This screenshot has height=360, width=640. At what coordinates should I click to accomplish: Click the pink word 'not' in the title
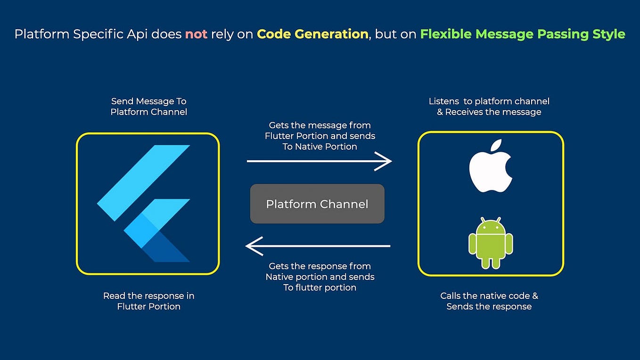[196, 34]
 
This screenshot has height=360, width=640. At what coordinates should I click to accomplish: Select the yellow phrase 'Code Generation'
[312, 34]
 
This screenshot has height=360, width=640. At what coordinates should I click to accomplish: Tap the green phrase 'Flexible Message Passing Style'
[523, 34]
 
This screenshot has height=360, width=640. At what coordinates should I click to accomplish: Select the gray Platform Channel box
[317, 204]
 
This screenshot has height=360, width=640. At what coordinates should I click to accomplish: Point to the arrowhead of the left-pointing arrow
[253, 246]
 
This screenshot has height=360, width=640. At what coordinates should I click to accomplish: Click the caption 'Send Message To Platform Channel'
[148, 106]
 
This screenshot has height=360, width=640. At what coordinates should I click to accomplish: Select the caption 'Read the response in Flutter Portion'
[148, 301]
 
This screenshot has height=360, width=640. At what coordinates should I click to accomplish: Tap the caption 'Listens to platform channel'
[489, 101]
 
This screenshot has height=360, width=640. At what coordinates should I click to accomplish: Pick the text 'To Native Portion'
[320, 147]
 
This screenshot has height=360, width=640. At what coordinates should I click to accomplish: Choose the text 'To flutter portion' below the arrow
[320, 287]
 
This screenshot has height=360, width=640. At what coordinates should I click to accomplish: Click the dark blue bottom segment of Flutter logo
[167, 249]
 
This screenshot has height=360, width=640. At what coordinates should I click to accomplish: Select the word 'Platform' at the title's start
[42, 34]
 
